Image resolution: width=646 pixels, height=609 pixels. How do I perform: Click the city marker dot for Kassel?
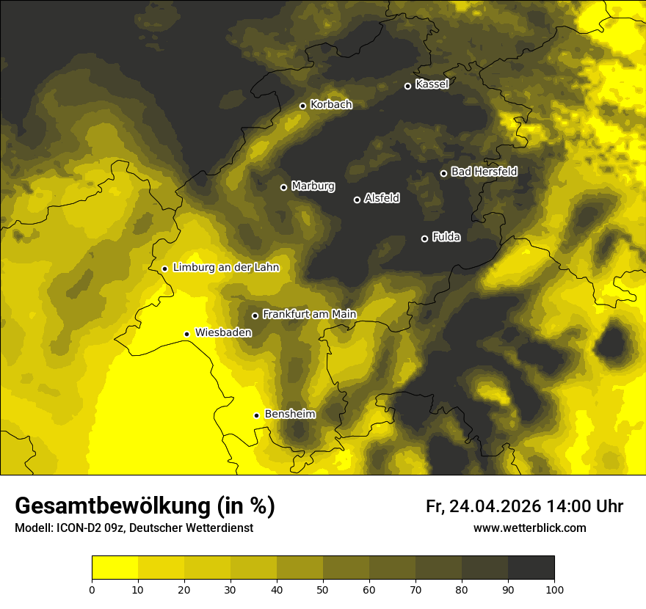click(407, 86)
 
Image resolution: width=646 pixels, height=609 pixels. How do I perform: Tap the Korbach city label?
click(331, 105)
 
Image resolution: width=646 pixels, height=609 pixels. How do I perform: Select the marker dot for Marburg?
click(283, 187)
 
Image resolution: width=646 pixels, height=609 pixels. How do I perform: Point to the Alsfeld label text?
click(382, 198)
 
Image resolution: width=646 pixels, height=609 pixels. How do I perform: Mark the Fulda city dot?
click(424, 238)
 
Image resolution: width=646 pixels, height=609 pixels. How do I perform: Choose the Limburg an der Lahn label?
click(226, 267)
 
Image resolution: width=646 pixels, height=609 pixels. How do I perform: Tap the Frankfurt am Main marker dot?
click(255, 316)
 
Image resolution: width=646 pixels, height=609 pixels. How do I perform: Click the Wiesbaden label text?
click(223, 332)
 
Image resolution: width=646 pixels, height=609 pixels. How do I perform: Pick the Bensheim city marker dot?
click(256, 415)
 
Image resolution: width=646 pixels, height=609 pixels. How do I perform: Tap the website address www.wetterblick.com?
click(529, 528)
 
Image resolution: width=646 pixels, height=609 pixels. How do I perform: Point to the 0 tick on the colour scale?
click(92, 589)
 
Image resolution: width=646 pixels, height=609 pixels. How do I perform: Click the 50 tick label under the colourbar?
click(323, 589)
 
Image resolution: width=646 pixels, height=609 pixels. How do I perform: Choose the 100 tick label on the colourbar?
click(554, 589)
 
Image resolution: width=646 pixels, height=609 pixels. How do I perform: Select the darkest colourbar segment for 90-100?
click(531, 568)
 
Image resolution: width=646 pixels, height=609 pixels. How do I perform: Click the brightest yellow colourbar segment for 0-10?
click(115, 568)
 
